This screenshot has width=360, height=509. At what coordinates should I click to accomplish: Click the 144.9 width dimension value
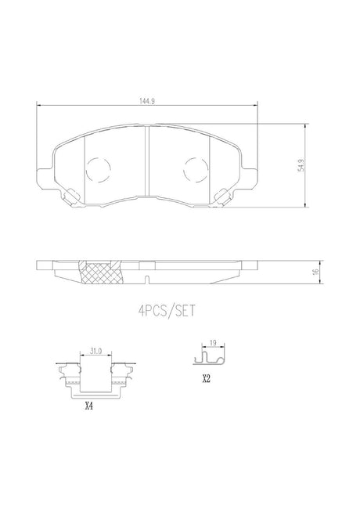click(x=147, y=101)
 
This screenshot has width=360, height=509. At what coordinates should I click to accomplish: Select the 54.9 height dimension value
click(x=301, y=165)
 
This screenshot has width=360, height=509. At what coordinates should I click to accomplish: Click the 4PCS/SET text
click(x=167, y=311)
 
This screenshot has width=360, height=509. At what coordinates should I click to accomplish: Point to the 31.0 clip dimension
click(x=96, y=351)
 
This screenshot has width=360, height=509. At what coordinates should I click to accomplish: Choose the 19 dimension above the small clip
click(x=213, y=342)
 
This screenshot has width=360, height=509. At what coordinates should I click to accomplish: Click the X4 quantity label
click(x=88, y=406)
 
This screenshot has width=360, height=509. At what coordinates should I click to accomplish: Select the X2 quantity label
click(x=207, y=378)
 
